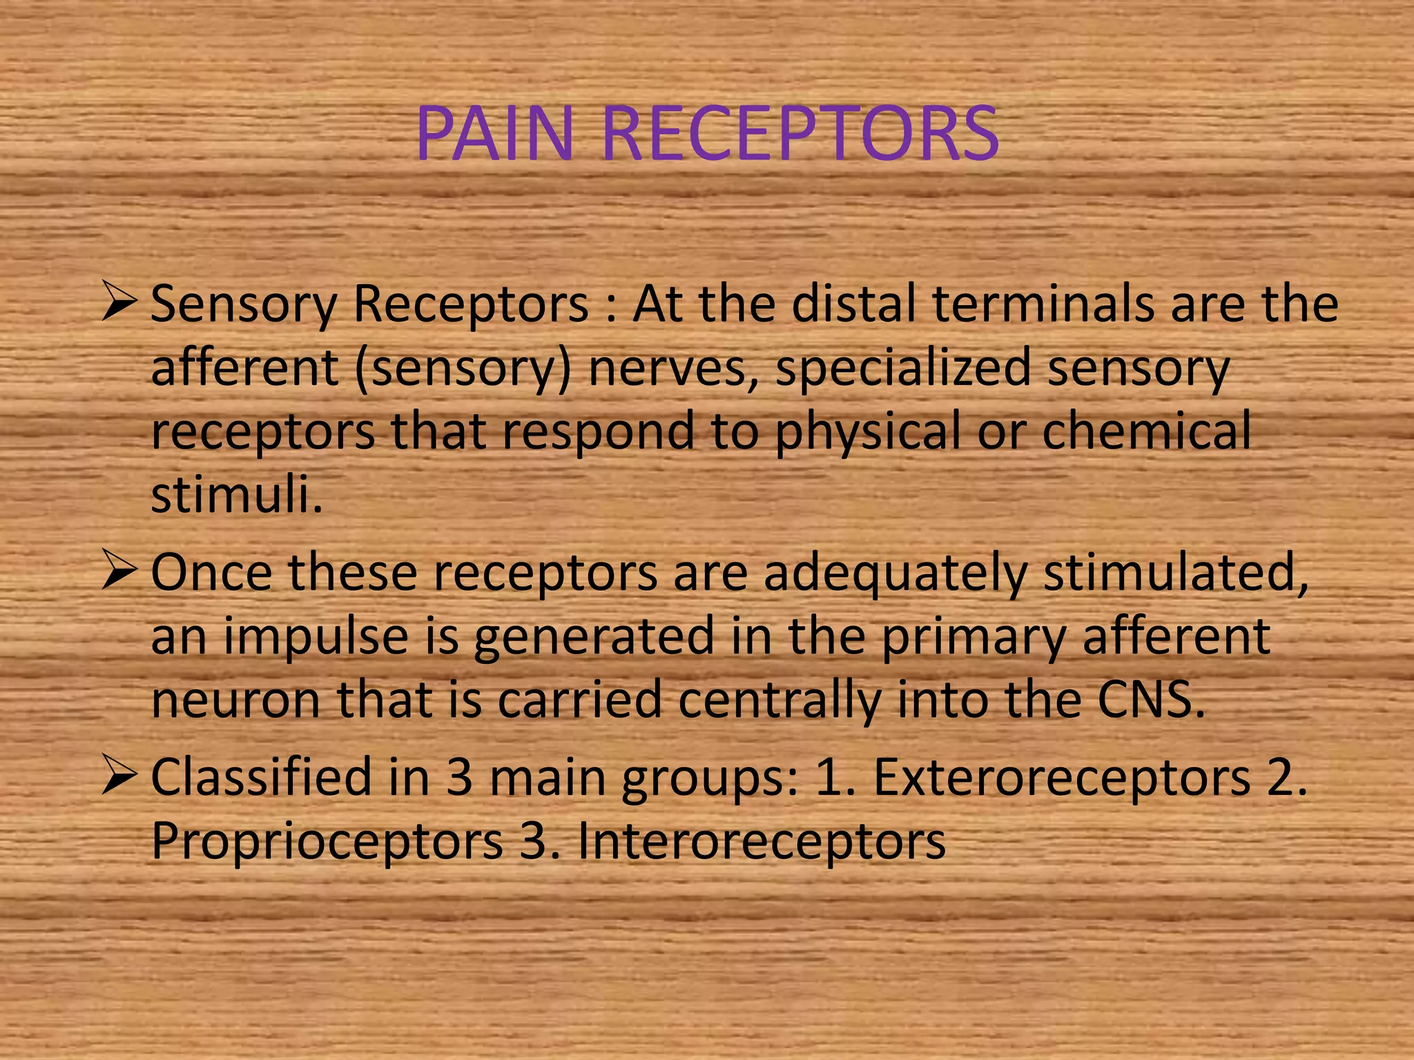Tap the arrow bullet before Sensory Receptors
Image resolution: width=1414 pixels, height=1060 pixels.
[120, 302]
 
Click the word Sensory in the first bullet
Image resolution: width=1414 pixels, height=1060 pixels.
[243, 305]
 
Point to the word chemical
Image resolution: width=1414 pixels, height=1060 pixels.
[1146, 431]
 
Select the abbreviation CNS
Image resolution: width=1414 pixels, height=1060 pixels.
[1150, 700]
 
